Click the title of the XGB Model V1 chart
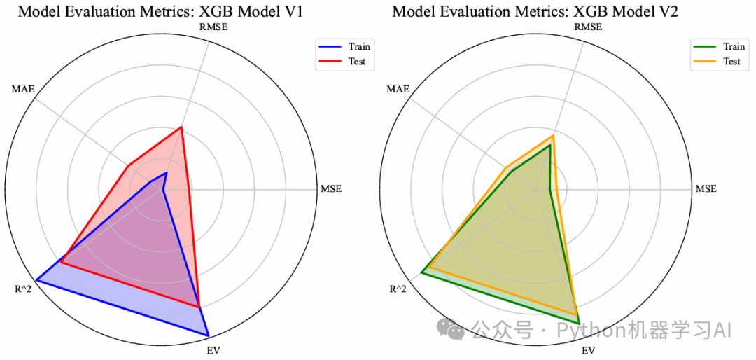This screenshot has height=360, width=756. (160, 11)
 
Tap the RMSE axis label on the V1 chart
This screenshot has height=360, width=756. (214, 27)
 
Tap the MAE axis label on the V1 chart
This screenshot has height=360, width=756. (22, 90)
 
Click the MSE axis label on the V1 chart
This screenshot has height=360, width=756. (331, 189)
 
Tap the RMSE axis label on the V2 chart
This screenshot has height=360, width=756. (588, 27)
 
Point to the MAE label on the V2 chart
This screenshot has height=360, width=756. (398, 90)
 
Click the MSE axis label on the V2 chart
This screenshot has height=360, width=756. (706, 189)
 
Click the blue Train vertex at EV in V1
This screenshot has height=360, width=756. (209, 335)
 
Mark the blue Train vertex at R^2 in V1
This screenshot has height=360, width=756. (36, 280)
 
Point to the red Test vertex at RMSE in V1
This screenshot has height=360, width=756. (181, 127)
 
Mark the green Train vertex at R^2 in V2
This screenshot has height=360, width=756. (421, 272)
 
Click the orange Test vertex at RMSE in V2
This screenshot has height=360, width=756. (553, 136)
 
